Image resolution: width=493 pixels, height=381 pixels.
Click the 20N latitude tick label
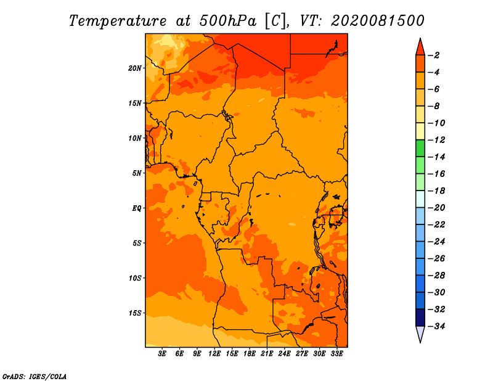click(135, 68)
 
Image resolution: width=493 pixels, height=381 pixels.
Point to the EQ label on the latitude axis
click(136, 208)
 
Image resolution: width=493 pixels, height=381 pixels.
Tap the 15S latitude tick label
click(135, 313)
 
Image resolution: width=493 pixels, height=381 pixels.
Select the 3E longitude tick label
click(162, 354)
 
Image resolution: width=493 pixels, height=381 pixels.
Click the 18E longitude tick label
click(250, 354)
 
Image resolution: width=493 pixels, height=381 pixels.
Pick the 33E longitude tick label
click(336, 354)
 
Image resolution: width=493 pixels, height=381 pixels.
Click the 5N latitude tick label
click(137, 173)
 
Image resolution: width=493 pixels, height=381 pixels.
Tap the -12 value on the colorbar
click(438, 140)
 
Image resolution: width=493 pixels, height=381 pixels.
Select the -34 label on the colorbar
click(438, 326)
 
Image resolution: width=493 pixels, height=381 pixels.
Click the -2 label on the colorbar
click(434, 55)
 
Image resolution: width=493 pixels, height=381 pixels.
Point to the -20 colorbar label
click(438, 208)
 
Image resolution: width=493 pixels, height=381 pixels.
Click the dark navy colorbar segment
click(420, 317)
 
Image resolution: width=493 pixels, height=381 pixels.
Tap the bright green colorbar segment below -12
click(420, 148)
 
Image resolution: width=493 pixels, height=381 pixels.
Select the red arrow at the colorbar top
click(420, 47)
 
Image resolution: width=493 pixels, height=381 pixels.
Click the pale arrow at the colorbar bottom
click(420, 334)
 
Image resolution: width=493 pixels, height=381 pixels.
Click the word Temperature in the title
click(118, 21)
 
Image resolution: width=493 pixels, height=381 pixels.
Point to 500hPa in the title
click(228, 21)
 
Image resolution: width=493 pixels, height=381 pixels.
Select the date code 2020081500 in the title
click(378, 21)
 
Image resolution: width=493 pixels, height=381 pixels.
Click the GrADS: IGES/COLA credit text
click(35, 377)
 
